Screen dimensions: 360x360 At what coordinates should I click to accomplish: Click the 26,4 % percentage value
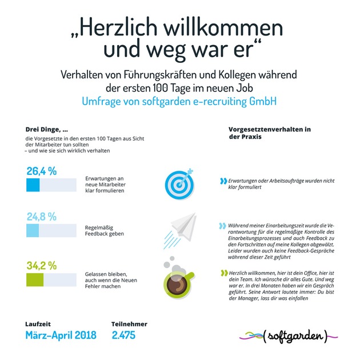[x=41, y=171]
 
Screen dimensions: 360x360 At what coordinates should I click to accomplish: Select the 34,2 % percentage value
[x=41, y=266]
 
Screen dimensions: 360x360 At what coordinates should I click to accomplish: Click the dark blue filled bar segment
[x=33, y=185]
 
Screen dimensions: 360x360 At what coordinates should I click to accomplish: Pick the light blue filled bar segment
[x=33, y=230]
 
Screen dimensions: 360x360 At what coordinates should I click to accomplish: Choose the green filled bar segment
[x=35, y=280]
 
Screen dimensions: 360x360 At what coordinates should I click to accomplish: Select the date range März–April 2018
[x=61, y=335]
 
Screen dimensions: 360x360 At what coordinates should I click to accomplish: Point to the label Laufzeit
[x=39, y=323]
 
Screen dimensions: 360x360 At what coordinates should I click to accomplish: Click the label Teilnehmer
[x=129, y=323]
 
